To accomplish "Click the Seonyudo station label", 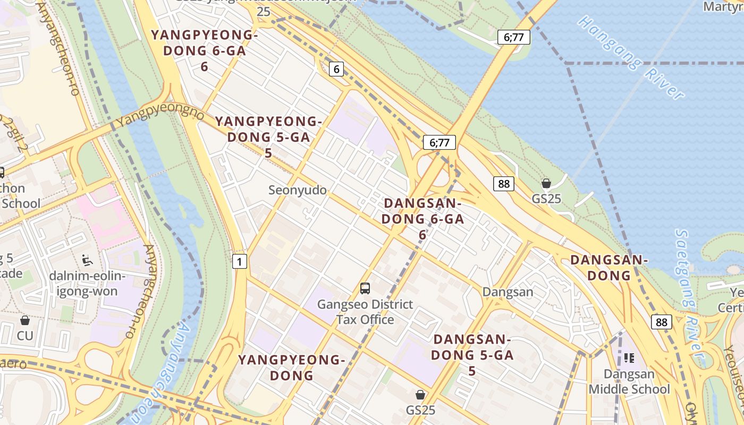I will click(x=298, y=190).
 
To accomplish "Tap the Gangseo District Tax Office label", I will click(x=365, y=312).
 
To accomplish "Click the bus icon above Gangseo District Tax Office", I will click(x=365, y=288).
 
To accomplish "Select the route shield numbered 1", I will click(x=240, y=261).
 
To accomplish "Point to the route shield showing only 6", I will click(x=336, y=69).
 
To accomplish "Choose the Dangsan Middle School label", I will click(x=629, y=381).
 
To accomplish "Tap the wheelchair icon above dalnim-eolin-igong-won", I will click(x=87, y=260).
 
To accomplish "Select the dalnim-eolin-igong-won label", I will click(x=87, y=283).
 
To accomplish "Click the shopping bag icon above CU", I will click(x=25, y=320).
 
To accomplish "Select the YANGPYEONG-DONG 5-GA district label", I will click(x=268, y=137).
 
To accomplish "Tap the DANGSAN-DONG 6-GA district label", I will click(x=423, y=219).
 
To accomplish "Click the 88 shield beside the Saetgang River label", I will click(x=661, y=322).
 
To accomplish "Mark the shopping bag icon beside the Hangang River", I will click(x=546, y=184).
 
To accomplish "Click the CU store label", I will click(x=25, y=336).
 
